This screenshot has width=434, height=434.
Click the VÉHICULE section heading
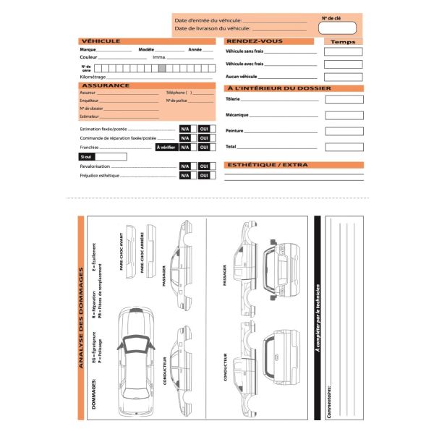pyautogui.click(x=101, y=41)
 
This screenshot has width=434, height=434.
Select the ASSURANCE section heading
pyautogui.click(x=106, y=85)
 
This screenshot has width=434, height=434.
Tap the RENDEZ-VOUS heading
pyautogui.click(x=249, y=41)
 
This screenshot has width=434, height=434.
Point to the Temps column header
pyautogui.click(x=343, y=42)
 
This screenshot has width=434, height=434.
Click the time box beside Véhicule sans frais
pyautogui.click(x=343, y=52)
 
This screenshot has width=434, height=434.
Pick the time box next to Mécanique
pyautogui.click(x=343, y=115)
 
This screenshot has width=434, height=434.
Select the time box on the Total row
pyautogui.click(x=343, y=147)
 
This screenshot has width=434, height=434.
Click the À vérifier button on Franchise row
pyautogui.click(x=166, y=147)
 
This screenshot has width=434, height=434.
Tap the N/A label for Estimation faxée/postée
pyautogui.click(x=185, y=129)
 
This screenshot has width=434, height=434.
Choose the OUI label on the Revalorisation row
pyautogui.click(x=204, y=166)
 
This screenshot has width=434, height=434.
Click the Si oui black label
pyautogui.click(x=87, y=156)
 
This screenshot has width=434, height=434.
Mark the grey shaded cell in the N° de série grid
pyautogui.click(x=162, y=67)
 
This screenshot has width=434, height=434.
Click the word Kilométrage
pyautogui.click(x=93, y=76)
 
